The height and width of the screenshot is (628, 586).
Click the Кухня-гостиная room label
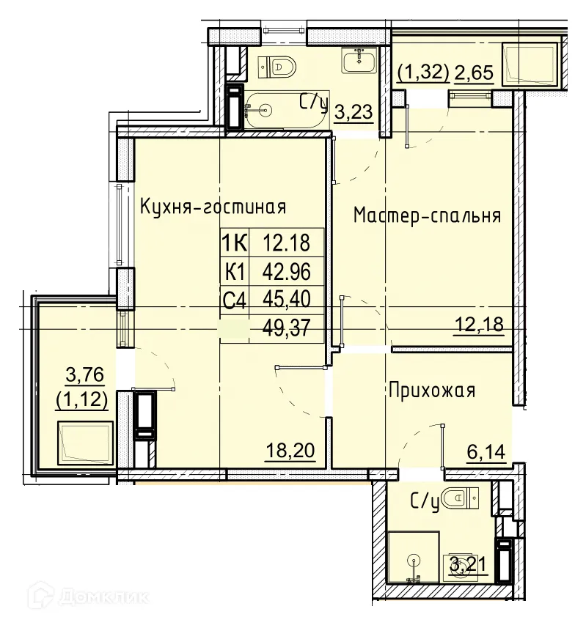(212, 207)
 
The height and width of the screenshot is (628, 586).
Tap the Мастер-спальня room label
(427, 215)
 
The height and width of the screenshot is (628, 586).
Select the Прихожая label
(431, 391)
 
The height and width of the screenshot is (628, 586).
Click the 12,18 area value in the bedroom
(480, 324)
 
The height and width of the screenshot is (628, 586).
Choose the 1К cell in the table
(235, 241)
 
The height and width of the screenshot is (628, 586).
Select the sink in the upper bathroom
(358, 60)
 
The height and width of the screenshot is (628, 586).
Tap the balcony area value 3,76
(86, 377)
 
